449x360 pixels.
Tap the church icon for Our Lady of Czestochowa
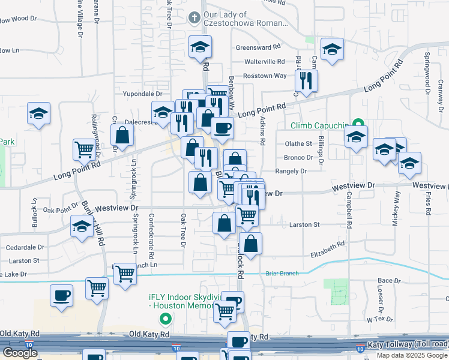pos(194,17)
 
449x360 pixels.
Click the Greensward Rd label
pos(258,47)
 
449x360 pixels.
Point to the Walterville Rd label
pos(264,61)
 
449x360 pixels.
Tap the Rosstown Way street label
pos(265,76)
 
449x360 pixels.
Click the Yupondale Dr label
pos(142,94)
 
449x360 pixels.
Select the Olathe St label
pos(298,143)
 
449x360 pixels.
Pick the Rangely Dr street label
pos(291,171)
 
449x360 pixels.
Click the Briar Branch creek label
pos(282,274)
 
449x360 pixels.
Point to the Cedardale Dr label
pos(25,247)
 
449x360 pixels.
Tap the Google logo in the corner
pos(20,353)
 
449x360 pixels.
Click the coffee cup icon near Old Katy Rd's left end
pos(62,296)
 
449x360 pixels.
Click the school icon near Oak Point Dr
pos(81,227)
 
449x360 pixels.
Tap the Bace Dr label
pos(388,280)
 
